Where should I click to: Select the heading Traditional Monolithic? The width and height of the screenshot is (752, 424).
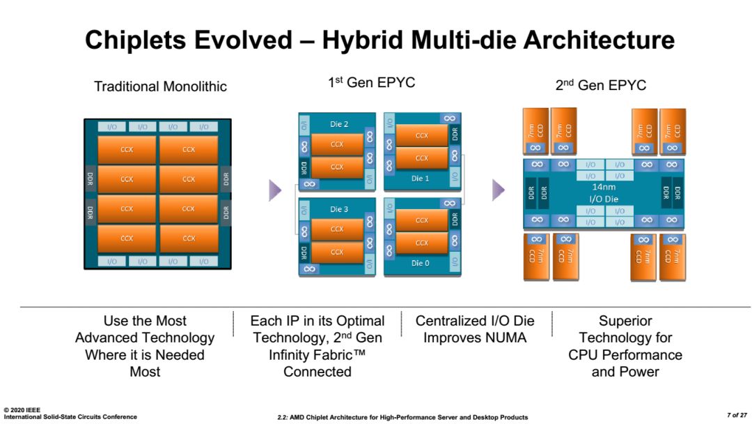[160, 86]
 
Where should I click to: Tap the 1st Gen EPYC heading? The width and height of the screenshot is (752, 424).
[371, 82]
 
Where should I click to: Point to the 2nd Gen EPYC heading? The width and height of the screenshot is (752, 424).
[600, 85]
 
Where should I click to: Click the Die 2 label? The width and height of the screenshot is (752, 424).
[339, 124]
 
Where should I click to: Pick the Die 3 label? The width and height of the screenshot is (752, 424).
[339, 209]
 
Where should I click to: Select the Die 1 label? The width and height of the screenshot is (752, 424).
[420, 179]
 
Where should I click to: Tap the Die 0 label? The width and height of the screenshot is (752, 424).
[420, 263]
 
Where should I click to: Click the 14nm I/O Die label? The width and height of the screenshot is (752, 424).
[603, 193]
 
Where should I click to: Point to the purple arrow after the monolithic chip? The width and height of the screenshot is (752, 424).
[275, 190]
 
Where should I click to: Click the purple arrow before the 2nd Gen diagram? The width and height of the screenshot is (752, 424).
[499, 190]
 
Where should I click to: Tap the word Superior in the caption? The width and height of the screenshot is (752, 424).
[625, 321]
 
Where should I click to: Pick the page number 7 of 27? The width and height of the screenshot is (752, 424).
[737, 415]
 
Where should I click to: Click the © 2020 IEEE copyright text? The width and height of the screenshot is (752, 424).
[22, 410]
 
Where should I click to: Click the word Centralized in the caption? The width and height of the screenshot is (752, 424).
[451, 321]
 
